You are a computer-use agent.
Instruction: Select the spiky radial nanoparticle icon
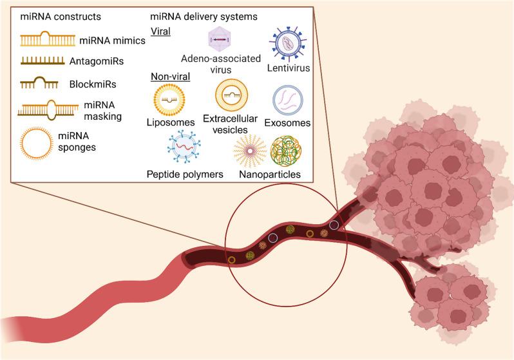[248, 151]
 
